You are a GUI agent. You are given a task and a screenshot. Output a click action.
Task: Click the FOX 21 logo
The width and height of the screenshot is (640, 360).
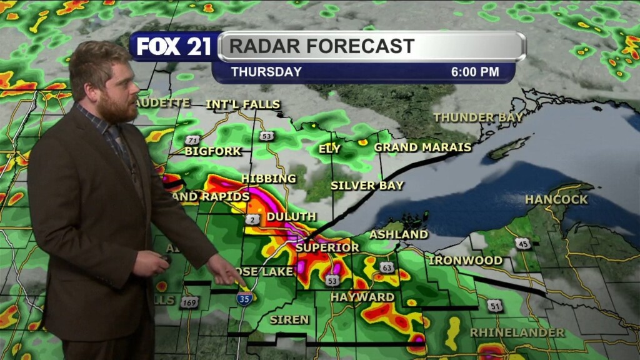point(174,46)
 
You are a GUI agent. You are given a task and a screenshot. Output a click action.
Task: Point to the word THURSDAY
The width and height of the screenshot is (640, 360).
point(266,72)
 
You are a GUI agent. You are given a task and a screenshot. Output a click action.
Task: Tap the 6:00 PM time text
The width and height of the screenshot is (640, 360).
point(475,72)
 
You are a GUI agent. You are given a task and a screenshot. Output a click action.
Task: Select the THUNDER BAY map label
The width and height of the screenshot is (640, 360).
point(478,117)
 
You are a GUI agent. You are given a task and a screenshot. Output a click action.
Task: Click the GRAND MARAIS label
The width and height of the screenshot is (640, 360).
point(422,147)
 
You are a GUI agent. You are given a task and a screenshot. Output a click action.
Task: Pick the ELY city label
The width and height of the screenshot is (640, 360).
point(329,149)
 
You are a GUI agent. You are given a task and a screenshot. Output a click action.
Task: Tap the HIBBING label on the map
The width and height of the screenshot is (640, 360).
point(269,179)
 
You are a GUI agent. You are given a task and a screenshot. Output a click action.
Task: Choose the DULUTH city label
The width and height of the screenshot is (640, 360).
point(291,217)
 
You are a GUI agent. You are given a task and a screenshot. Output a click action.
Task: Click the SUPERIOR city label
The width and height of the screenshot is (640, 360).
point(327,247)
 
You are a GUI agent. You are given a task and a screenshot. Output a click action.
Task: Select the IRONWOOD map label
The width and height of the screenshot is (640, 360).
point(466,260)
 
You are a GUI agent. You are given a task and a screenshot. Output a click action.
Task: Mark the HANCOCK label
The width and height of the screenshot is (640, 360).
point(556,199)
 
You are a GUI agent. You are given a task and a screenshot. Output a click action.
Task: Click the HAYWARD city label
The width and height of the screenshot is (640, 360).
point(362,297)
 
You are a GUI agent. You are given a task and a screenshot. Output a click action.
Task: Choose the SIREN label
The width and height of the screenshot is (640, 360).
point(289,319)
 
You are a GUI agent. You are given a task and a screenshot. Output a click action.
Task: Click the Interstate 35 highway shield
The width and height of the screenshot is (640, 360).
point(244,297)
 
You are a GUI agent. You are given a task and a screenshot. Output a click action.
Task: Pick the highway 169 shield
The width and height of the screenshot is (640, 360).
point(189,302)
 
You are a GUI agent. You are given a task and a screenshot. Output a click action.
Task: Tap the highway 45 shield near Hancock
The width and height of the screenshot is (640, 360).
point(523,243)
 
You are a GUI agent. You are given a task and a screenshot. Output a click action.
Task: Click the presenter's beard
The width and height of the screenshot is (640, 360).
point(118,110)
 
